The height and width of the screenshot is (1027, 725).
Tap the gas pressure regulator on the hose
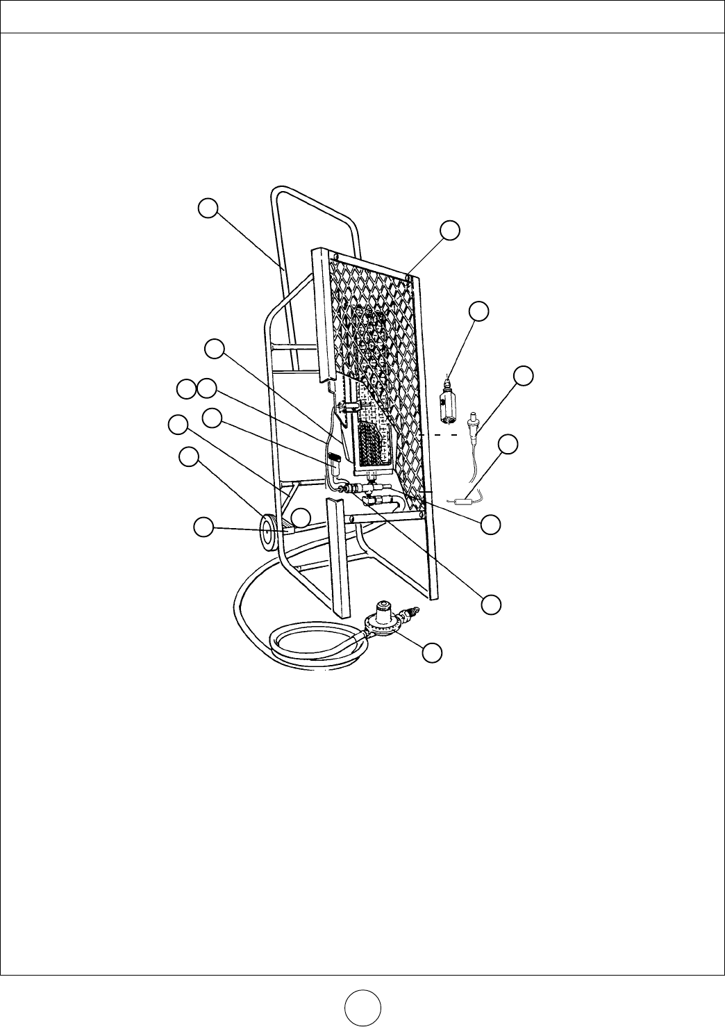[x=384, y=618]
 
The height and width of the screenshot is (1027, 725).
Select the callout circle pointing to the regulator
[x=432, y=652]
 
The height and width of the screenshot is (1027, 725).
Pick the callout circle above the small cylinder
[x=479, y=311]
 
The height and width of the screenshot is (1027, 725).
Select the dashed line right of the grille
[x=437, y=436]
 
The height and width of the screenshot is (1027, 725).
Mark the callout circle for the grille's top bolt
[x=451, y=230]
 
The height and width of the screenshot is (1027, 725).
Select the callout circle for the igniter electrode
[x=524, y=376]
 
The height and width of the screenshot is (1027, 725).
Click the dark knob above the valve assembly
[x=333, y=459]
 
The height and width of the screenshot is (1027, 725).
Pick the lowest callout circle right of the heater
[x=492, y=604]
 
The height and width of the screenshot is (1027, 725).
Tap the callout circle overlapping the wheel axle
[x=300, y=517]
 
